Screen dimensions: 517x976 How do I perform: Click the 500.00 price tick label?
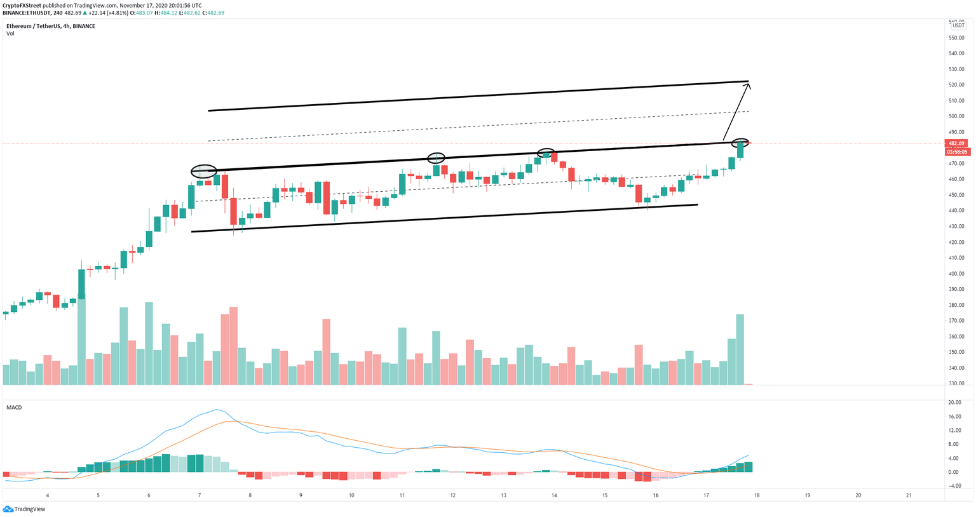tap(957, 116)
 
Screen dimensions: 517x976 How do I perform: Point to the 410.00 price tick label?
tap(957, 258)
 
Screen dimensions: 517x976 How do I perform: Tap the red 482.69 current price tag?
tap(957, 144)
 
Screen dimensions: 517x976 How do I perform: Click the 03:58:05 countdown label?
tap(957, 152)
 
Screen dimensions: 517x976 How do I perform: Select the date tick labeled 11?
tap(402, 495)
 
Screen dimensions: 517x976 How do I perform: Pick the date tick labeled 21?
tap(909, 495)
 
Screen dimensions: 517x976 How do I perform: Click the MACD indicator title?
tap(14, 407)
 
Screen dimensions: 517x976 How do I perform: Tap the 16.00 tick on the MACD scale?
tap(954, 417)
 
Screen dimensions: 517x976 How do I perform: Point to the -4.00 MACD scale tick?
tap(954, 487)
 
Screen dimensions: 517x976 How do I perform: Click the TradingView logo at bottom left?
tap(24, 509)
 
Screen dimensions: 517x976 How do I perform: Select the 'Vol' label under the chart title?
tap(10, 34)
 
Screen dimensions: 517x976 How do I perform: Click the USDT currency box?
tap(958, 26)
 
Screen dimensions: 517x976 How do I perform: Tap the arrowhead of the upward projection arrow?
tap(749, 84)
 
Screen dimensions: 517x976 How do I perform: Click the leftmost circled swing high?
tap(204, 171)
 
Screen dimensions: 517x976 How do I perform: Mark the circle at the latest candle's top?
tap(740, 143)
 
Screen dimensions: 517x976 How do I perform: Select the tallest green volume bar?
tap(81, 330)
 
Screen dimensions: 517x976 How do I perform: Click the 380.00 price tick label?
tap(957, 305)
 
